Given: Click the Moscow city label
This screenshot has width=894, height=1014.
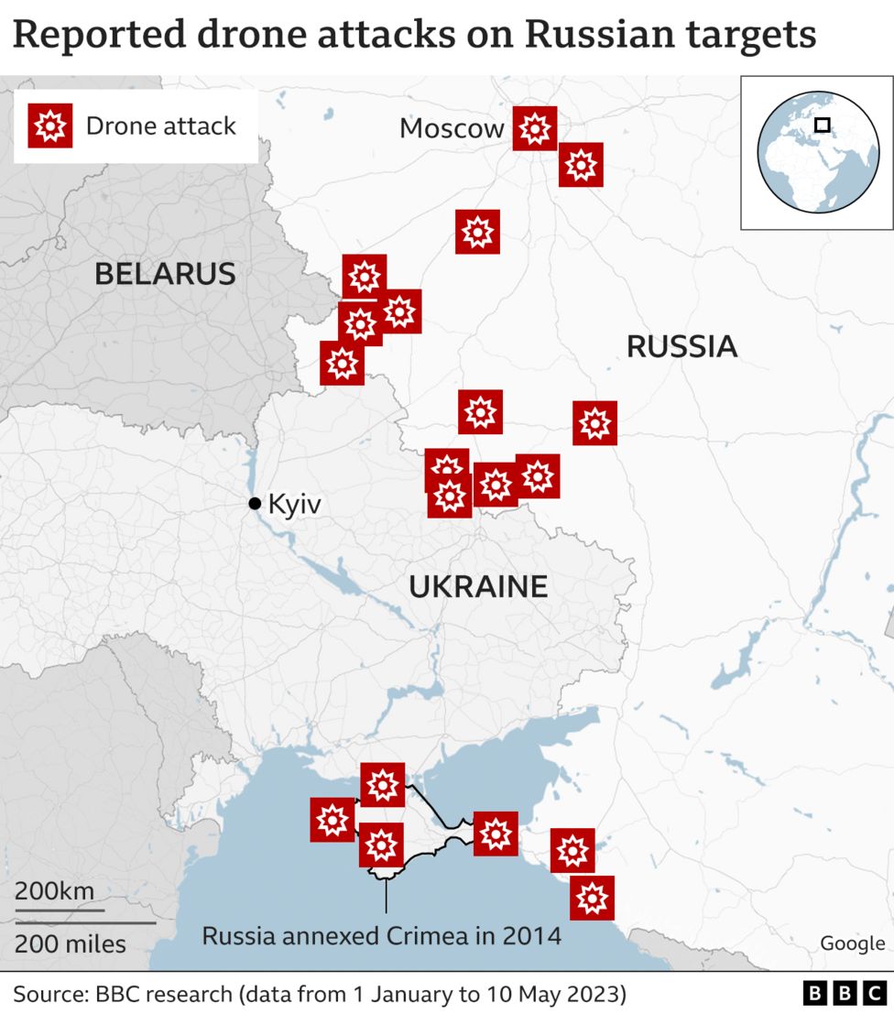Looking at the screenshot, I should point(452,128).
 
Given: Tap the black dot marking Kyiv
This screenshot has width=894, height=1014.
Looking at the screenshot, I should point(255,503).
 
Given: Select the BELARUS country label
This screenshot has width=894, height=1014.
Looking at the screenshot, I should point(165,273).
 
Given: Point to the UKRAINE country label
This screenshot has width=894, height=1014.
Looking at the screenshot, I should point(478,586).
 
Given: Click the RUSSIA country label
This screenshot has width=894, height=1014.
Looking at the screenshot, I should point(681,346).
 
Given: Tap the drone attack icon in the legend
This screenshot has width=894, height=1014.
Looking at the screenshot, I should point(49,125).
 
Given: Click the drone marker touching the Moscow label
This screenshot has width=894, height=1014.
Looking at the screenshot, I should point(534,128).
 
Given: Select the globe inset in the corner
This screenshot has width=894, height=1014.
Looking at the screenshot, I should point(818,152).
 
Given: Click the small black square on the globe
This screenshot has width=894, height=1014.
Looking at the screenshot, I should point(823,125).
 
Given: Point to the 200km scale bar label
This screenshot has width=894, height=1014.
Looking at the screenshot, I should point(54,890).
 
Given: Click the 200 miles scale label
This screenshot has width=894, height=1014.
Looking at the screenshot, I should point(71,943).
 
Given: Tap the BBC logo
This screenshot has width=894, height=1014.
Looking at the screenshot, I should point(842,994).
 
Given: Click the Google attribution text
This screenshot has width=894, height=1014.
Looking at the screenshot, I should point(852,943).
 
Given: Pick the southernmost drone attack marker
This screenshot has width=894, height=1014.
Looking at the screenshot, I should point(592,898).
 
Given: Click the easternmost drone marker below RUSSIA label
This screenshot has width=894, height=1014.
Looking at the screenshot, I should point(594,423).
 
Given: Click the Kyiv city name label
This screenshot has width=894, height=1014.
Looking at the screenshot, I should point(294,503).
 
